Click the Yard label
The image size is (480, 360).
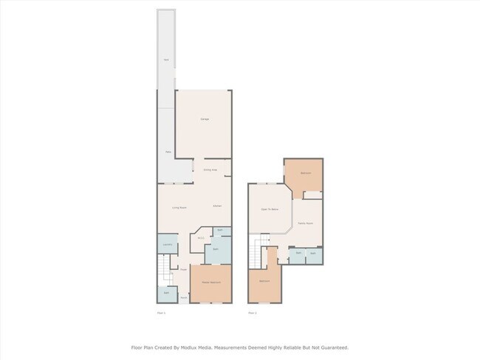pyautogui.click(x=166, y=59)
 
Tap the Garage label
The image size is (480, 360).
pyautogui.click(x=204, y=119)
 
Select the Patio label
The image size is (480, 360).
pyautogui.click(x=168, y=152)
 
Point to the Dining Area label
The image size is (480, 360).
pyautogui.click(x=210, y=170)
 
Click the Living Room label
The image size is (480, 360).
pyautogui.click(x=179, y=208)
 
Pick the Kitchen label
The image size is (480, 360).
pyautogui.click(x=217, y=206)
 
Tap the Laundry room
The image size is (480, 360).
pyautogui.click(x=167, y=245)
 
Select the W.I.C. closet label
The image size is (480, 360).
pyautogui.click(x=200, y=238)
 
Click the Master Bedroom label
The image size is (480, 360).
pyautogui.click(x=211, y=282)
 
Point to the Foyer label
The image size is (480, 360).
pyautogui.click(x=182, y=270)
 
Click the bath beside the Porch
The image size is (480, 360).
pyautogui.click(x=167, y=293)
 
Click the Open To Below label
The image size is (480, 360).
pyautogui.click(x=270, y=210)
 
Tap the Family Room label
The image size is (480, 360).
pyautogui.click(x=306, y=223)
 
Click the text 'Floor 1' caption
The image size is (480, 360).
pyautogui.click(x=161, y=313)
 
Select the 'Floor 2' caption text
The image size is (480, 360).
pyautogui.click(x=252, y=313)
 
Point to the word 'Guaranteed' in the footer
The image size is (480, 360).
pyautogui.click(x=332, y=347)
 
